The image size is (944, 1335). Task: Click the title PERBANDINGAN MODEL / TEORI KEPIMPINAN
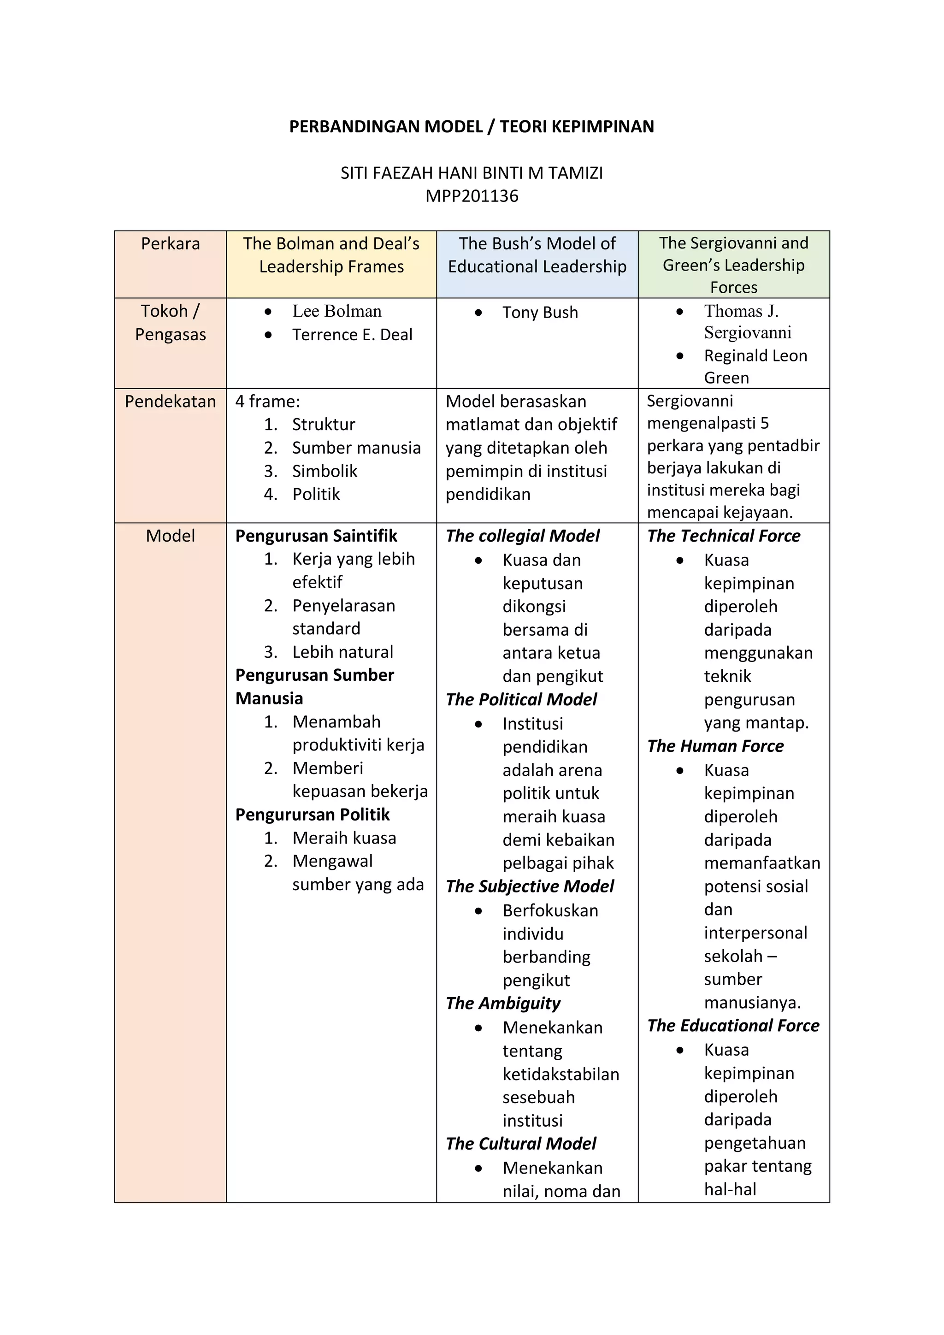(x=472, y=126)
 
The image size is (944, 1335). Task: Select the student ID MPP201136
(x=472, y=196)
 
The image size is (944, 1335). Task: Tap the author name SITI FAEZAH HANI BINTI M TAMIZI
(x=472, y=173)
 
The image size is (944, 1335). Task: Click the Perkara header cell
(x=170, y=243)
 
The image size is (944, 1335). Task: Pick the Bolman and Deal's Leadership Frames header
(x=331, y=254)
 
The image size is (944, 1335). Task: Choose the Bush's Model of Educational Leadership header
(x=537, y=254)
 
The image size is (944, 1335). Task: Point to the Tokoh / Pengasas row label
(x=170, y=323)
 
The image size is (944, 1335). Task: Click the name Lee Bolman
(x=336, y=311)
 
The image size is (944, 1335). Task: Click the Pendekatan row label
(x=170, y=401)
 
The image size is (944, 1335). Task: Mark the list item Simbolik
(x=324, y=471)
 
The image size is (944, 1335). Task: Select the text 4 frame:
(x=267, y=401)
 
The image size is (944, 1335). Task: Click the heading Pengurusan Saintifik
(x=316, y=536)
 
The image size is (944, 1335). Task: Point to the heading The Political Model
(x=521, y=699)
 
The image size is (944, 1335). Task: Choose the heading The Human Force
(x=715, y=746)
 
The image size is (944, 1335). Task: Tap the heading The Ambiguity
(x=503, y=1003)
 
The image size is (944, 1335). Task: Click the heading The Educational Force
(x=733, y=1026)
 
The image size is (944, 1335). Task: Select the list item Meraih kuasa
(x=344, y=838)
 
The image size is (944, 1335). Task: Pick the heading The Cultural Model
(x=521, y=1144)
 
